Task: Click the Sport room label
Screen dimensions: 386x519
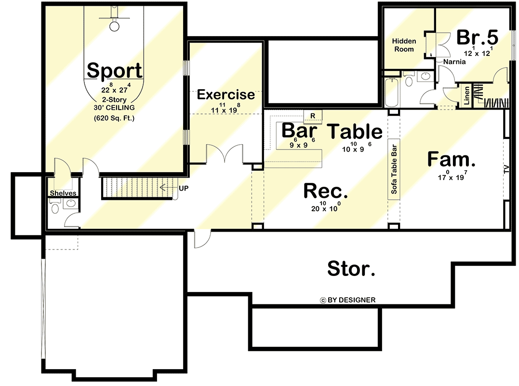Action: (x=115, y=70)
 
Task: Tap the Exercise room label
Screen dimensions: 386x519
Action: (x=226, y=95)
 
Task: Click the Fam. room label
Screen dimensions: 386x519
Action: (x=452, y=159)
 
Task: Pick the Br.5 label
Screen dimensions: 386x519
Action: (x=477, y=37)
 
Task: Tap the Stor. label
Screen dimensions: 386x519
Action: (x=351, y=268)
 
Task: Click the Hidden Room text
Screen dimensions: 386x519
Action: (x=404, y=45)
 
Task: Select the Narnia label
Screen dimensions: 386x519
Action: (x=455, y=62)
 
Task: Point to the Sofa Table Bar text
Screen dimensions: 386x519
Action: (x=394, y=169)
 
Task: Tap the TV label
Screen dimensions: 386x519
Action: (x=506, y=169)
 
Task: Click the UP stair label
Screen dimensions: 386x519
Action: (x=184, y=188)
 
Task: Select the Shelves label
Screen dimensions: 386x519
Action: (x=63, y=193)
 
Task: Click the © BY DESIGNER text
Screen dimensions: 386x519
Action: (x=347, y=300)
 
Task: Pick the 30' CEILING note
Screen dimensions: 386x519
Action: (x=114, y=108)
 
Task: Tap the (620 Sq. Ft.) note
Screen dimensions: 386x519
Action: (x=114, y=118)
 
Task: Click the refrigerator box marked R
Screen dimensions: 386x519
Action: (x=312, y=116)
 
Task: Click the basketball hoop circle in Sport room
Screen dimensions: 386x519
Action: (x=115, y=26)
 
